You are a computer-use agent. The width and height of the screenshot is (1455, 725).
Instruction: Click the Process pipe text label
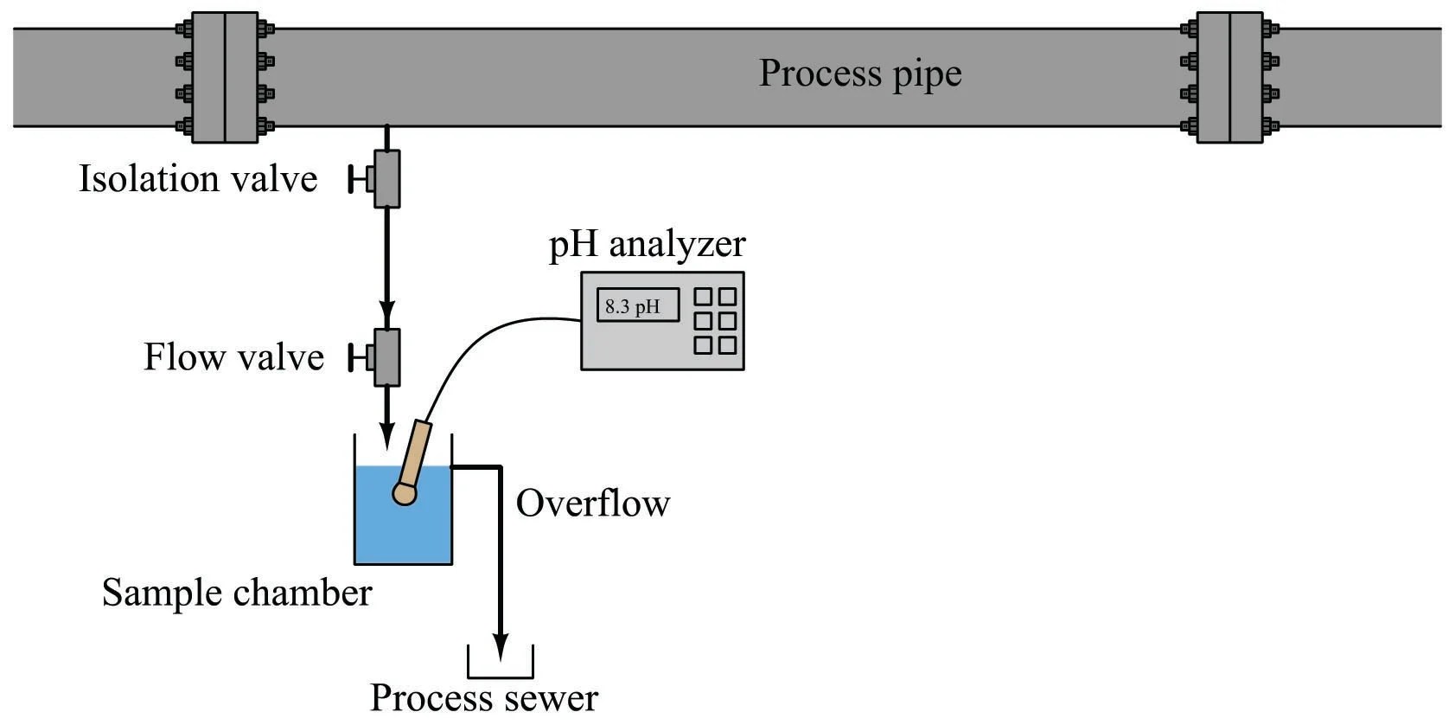(859, 74)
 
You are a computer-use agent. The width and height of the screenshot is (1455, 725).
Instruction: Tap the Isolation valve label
(198, 179)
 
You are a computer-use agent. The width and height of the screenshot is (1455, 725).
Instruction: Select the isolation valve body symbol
(386, 179)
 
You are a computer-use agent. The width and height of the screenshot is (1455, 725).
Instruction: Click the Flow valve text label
(233, 357)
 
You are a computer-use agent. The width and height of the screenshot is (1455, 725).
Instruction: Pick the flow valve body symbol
(386, 357)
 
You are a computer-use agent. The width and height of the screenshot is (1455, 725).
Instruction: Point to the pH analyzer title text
(647, 244)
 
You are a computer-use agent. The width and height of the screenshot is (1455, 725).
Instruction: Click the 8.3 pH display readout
(637, 306)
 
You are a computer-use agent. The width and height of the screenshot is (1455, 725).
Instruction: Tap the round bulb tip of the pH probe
(404, 494)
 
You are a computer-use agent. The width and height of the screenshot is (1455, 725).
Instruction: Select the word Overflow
(593, 504)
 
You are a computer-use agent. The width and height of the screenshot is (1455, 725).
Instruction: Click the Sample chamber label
(236, 593)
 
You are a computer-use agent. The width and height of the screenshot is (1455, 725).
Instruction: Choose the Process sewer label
(483, 697)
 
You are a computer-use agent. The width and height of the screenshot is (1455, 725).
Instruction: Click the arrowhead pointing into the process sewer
(500, 647)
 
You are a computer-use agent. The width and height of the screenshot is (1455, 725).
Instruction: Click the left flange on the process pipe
(225, 77)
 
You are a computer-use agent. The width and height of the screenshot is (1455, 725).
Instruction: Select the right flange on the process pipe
(1229, 77)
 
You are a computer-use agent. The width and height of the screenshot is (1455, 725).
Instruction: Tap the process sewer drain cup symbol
(500, 666)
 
